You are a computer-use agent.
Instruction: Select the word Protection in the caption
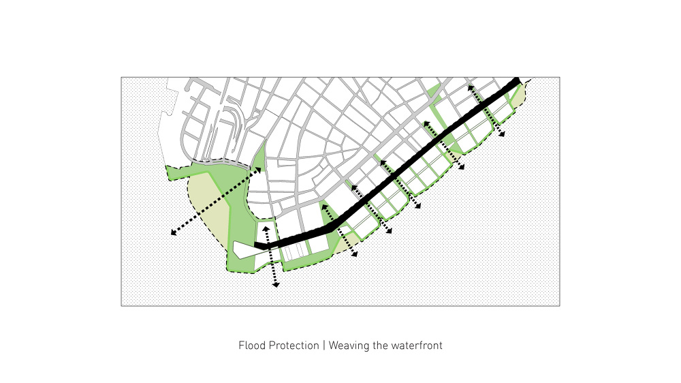(x=294, y=346)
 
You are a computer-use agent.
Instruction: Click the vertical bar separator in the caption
(x=323, y=346)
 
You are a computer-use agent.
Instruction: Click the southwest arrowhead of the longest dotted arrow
(x=173, y=232)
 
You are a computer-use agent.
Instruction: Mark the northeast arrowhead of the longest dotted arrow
(x=258, y=170)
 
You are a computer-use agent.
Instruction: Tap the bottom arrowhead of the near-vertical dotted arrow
(x=276, y=285)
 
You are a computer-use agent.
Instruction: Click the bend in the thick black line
(x=331, y=228)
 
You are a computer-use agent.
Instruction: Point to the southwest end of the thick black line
(x=257, y=245)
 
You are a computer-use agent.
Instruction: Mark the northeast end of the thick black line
(x=516, y=81)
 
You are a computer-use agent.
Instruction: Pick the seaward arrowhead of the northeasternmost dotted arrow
(x=502, y=134)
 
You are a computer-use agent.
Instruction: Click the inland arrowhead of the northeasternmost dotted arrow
(x=469, y=88)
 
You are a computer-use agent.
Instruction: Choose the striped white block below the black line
(x=295, y=251)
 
